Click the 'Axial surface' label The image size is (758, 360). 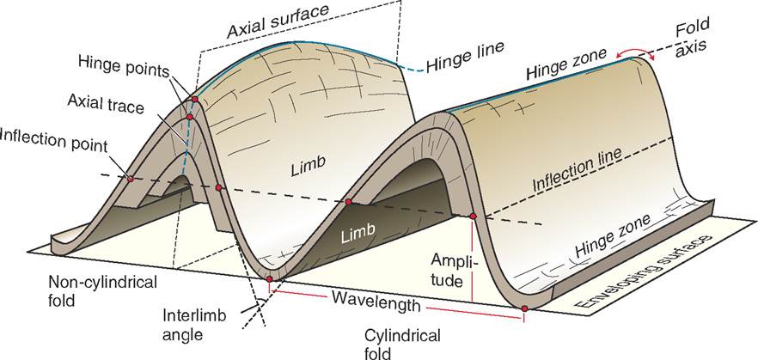coord(278,28)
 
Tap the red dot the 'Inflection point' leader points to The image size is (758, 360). coord(129,180)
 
